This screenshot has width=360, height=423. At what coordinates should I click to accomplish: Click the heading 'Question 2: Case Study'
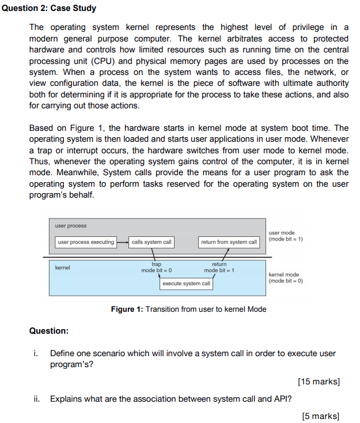click(x=48, y=9)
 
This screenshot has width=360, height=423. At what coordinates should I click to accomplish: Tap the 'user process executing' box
click(x=86, y=242)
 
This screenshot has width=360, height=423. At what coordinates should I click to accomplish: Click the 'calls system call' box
click(x=151, y=242)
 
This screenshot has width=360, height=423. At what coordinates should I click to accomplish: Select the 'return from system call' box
click(x=229, y=242)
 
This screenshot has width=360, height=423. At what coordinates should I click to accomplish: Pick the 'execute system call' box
click(x=186, y=284)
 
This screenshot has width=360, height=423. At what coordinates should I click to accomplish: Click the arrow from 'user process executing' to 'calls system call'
click(x=122, y=242)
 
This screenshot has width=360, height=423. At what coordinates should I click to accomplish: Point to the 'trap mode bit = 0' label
click(x=157, y=267)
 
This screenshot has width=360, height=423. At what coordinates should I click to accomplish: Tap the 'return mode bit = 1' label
click(x=218, y=267)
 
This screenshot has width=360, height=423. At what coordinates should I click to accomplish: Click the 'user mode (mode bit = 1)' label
click(x=286, y=236)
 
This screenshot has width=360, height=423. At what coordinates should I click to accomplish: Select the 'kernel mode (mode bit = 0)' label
click(x=286, y=278)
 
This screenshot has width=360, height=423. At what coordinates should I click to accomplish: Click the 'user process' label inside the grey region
click(x=71, y=225)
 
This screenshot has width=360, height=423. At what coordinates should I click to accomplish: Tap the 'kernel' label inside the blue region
click(x=62, y=268)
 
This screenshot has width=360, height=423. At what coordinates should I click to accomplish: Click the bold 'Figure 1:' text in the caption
click(x=127, y=309)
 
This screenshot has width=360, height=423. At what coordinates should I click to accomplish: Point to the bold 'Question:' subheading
click(x=48, y=331)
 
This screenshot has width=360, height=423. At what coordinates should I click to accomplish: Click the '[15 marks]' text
click(x=319, y=382)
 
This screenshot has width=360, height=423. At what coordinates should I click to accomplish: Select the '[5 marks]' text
click(x=321, y=416)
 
